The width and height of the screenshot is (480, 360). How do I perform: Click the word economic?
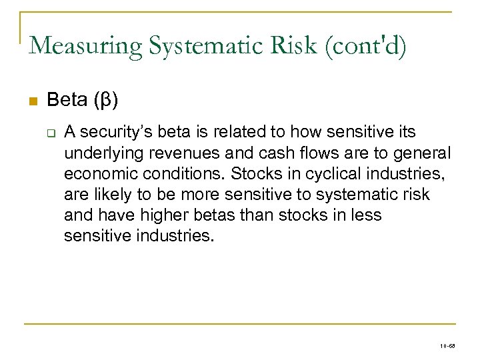click(96, 174)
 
